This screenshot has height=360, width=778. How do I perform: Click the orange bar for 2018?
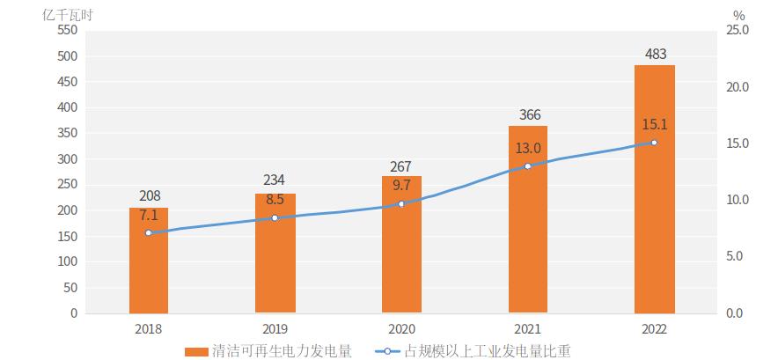coord(148,264)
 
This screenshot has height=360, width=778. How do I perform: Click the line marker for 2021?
coord(528,166)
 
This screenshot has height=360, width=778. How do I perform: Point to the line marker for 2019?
coord(275,217)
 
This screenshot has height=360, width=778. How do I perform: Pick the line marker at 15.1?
coord(654,143)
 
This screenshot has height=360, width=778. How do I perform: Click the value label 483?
coord(654,54)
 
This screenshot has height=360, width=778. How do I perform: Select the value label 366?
coord(530,114)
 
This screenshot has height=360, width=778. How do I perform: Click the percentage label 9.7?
coord(401,185)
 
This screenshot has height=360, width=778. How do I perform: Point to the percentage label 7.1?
coord(148,216)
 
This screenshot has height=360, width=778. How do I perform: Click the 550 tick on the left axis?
coord(68,30)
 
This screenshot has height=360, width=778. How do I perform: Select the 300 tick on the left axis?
coord(68,159)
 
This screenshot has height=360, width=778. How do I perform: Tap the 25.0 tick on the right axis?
coord(738,30)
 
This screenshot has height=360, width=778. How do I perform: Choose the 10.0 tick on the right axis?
coord(738,200)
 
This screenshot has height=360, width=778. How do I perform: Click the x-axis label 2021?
coord(528,328)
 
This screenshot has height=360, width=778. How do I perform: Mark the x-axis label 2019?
coord(275,328)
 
